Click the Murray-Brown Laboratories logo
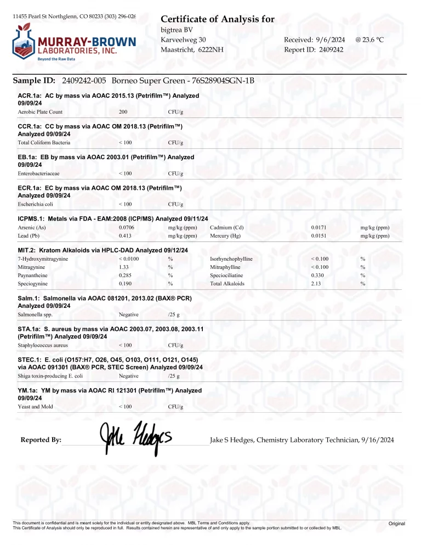click(74, 42)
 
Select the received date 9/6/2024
click(331, 40)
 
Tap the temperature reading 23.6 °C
click(374, 40)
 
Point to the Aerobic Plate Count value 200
click(123, 112)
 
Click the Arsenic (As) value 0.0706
click(126, 227)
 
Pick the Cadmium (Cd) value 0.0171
click(318, 227)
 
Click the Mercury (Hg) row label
click(225, 236)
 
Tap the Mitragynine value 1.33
click(123, 267)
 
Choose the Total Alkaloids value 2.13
click(316, 284)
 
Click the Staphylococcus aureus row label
click(43, 345)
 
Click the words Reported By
click(41, 440)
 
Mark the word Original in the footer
click(396, 524)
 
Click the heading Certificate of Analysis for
click(218, 20)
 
